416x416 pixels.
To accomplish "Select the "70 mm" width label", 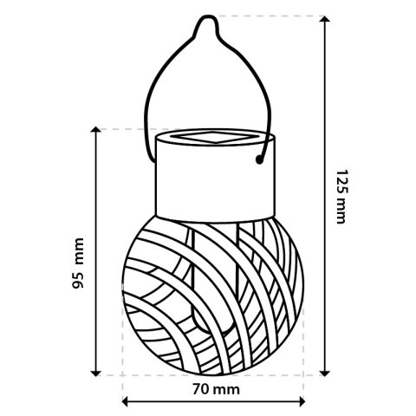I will pos(214,389).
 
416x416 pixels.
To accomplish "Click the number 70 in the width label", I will pos(201,389).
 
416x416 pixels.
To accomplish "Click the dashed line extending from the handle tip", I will pos(269,16).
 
